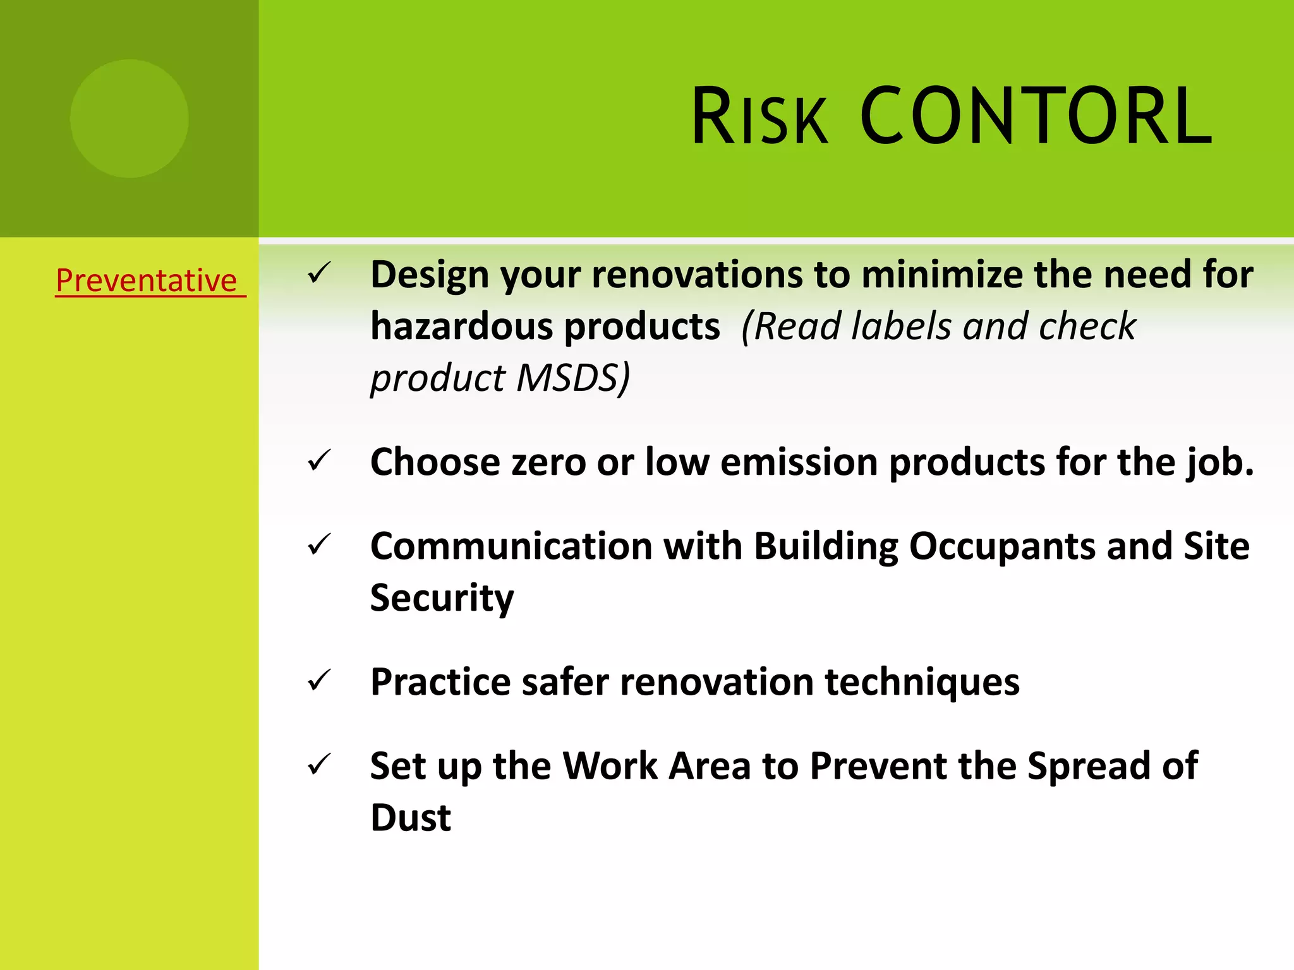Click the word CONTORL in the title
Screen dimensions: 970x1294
(x=1036, y=117)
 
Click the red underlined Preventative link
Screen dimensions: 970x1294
(x=147, y=280)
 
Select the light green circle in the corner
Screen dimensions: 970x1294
(x=129, y=118)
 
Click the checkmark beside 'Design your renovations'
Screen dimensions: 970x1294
(x=319, y=273)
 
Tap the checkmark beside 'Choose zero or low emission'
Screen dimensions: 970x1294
(x=319, y=460)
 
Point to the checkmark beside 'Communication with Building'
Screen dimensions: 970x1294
(x=319, y=545)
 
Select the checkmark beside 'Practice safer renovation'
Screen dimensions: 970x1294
(x=319, y=681)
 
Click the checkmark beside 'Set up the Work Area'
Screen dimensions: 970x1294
(x=319, y=765)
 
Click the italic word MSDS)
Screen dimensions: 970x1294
(x=572, y=378)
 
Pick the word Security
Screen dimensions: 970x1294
(x=442, y=597)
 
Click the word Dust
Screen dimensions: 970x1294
(x=411, y=818)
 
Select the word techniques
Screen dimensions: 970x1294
(x=922, y=683)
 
